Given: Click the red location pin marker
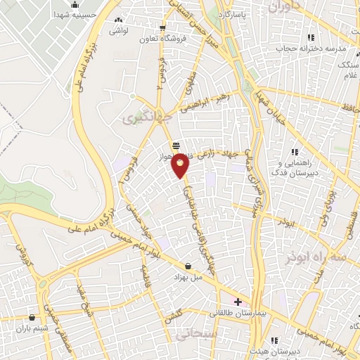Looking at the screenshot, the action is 181,165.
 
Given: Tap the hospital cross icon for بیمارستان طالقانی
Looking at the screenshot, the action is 238,302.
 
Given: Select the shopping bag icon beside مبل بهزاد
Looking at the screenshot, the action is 188,266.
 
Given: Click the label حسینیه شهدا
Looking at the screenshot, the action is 51,14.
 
